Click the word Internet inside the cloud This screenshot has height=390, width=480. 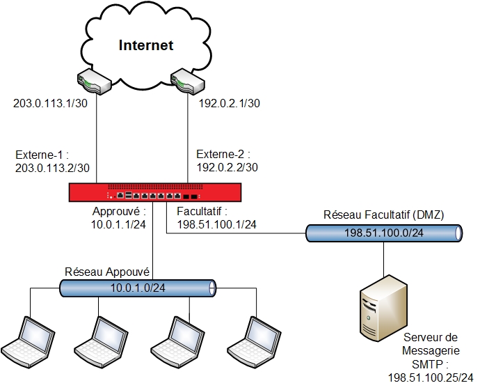145,46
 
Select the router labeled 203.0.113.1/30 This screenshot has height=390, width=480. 94,81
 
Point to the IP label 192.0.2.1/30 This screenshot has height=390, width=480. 230,104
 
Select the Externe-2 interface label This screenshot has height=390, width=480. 227,161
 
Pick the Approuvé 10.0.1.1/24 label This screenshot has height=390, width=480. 119,217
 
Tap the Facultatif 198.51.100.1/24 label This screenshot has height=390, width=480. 216,217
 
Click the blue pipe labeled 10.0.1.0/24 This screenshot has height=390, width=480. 137,287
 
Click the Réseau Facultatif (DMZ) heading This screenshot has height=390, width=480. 384,214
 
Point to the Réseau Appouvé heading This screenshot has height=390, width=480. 108,271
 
